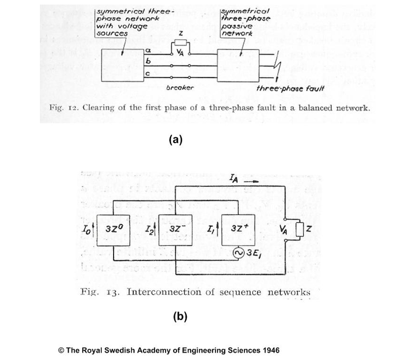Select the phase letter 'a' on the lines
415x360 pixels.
(148, 50)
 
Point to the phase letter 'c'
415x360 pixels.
(147, 74)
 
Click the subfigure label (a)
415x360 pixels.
(175, 140)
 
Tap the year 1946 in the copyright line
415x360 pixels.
(269, 350)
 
